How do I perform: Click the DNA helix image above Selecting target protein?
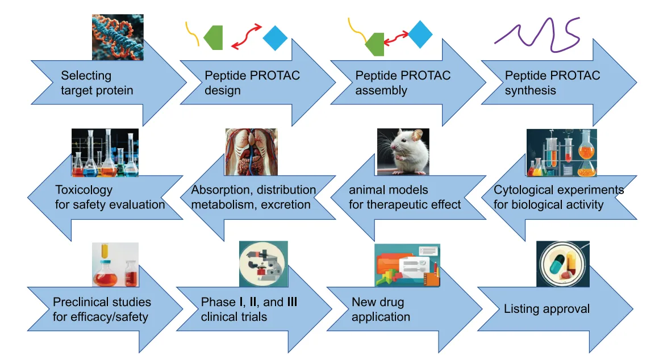pyautogui.click(x=118, y=37)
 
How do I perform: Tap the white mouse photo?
pyautogui.click(x=403, y=152)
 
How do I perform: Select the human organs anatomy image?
pyautogui.click(x=251, y=152)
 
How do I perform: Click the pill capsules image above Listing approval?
pyautogui.click(x=562, y=264)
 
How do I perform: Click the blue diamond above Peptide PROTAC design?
pyautogui.click(x=276, y=38)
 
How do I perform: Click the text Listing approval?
pyautogui.click(x=547, y=309)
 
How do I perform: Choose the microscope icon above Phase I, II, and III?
pyautogui.click(x=263, y=264)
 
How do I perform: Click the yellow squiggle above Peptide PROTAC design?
pyautogui.click(x=192, y=35)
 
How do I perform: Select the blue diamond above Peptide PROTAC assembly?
pyautogui.click(x=421, y=34)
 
